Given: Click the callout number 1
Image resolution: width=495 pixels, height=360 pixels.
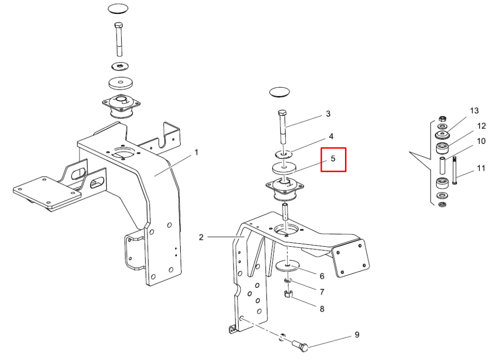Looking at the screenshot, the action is pyautogui.click(x=197, y=153).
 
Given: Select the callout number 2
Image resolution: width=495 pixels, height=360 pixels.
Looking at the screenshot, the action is pyautogui.click(x=201, y=237).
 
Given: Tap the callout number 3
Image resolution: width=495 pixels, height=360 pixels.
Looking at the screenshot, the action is pyautogui.click(x=328, y=114).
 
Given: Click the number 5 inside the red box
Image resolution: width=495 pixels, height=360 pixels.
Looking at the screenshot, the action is pyautogui.click(x=333, y=159).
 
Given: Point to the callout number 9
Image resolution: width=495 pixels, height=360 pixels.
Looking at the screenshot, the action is pyautogui.click(x=357, y=334).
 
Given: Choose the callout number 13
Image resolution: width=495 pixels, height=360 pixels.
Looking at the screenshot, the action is pyautogui.click(x=474, y=111).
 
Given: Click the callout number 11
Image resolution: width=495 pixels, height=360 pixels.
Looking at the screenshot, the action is pyautogui.click(x=481, y=168).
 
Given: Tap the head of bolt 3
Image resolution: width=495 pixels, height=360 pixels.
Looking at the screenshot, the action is pyautogui.click(x=282, y=113).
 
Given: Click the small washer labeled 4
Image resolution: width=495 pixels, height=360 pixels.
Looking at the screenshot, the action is pyautogui.click(x=283, y=154).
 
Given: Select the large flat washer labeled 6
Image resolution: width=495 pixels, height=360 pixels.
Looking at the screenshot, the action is pyautogui.click(x=287, y=266).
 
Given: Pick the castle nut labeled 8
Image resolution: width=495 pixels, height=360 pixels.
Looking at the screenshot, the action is pyautogui.click(x=287, y=294).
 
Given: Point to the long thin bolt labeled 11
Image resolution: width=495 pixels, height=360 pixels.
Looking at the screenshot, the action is pyautogui.click(x=454, y=170).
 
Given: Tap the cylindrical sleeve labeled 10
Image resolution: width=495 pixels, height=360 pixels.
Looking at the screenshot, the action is pyautogui.click(x=442, y=165).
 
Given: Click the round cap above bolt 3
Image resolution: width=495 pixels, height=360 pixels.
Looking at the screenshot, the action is pyautogui.click(x=279, y=92).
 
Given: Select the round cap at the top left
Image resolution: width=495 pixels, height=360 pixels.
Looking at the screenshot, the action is pyautogui.click(x=118, y=8).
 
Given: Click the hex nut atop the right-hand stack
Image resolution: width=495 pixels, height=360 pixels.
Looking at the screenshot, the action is pyautogui.click(x=442, y=119).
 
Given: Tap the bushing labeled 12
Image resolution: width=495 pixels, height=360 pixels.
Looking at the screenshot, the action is pyautogui.click(x=442, y=147).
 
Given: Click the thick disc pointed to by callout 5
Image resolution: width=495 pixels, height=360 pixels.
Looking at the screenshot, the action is pyautogui.click(x=285, y=168).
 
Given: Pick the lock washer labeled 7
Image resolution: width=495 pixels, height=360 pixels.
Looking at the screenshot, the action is pyautogui.click(x=288, y=280).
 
